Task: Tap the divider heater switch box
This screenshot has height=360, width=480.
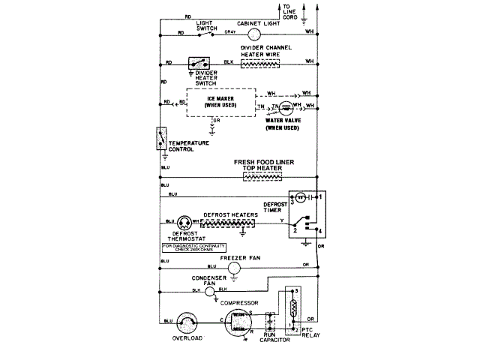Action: pos(199,63)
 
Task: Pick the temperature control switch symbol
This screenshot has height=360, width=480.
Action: pos(160,139)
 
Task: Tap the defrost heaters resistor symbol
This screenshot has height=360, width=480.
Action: pos(230,223)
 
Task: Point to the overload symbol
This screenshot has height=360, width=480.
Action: pos(187,321)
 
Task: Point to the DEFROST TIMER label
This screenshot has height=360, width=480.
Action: pos(274,207)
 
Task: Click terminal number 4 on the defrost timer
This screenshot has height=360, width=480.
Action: pos(319,229)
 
